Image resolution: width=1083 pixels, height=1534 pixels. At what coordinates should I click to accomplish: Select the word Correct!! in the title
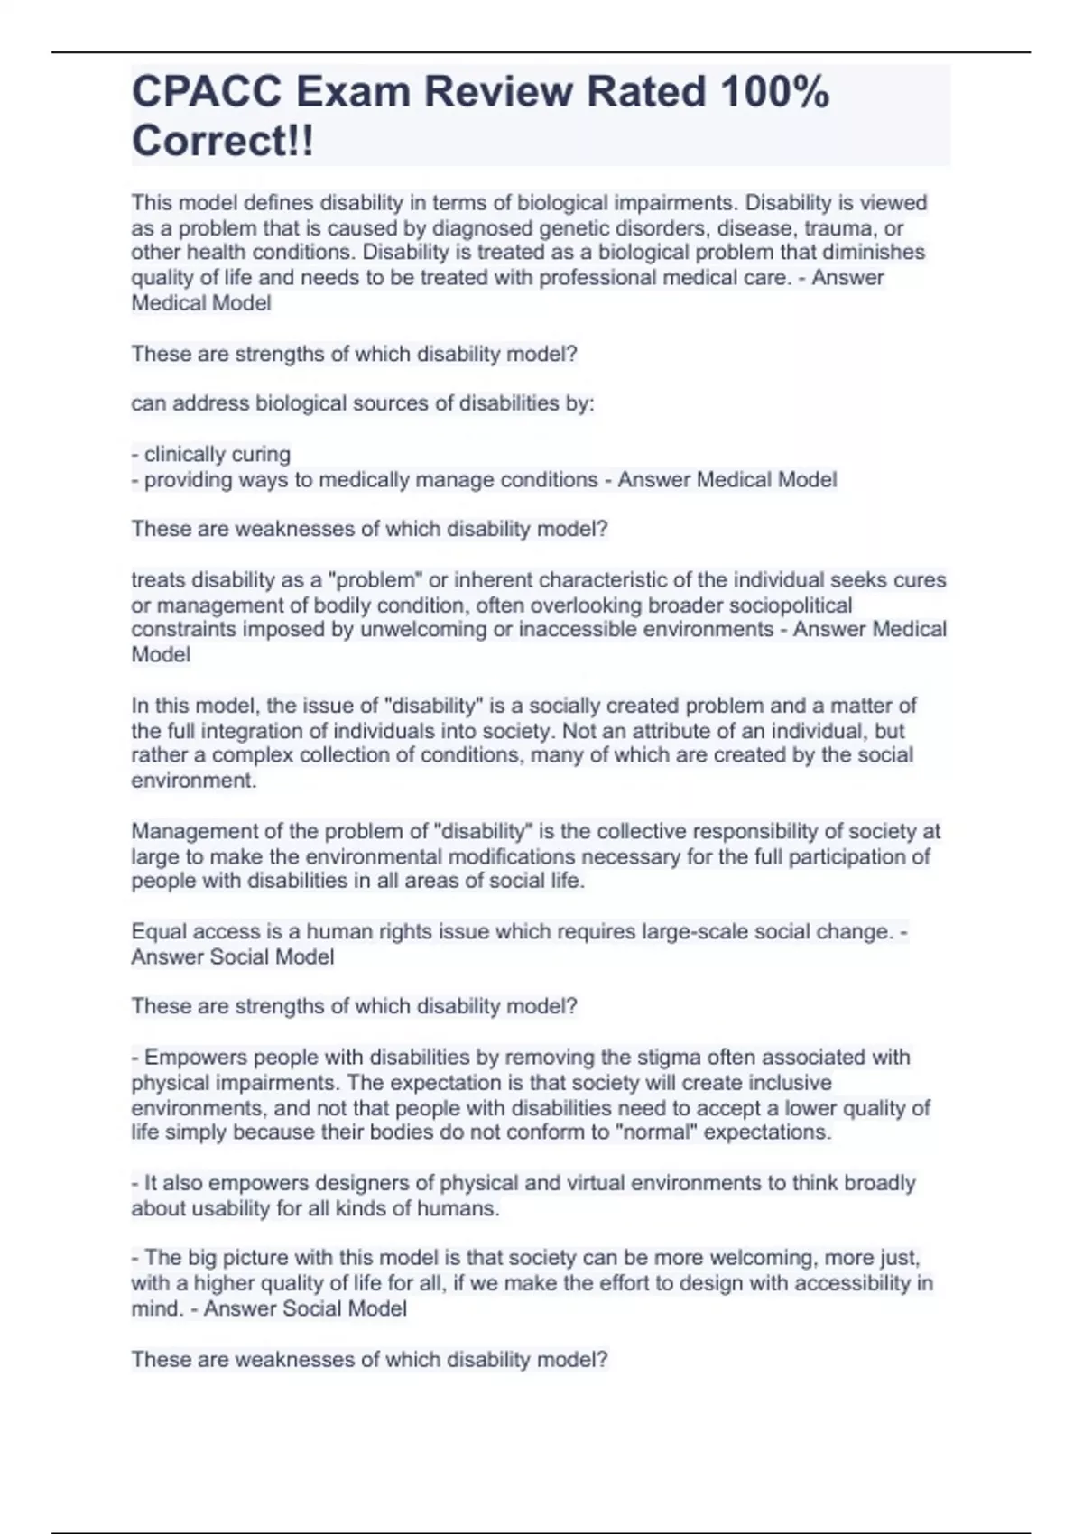tap(223, 142)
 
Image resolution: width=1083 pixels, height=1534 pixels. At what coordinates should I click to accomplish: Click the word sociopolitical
tap(790, 605)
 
